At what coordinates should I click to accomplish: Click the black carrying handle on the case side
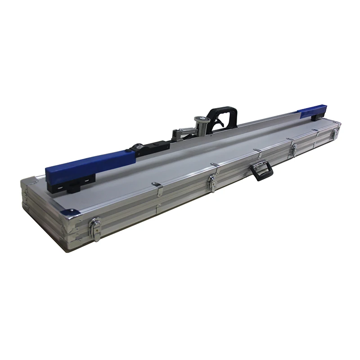tap(261, 171)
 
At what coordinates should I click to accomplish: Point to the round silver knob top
tap(201, 119)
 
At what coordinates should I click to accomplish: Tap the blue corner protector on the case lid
tap(68, 212)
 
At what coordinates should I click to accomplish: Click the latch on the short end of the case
tap(95, 229)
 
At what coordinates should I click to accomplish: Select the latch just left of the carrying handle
tap(211, 183)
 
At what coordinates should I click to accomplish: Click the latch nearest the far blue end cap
tap(333, 133)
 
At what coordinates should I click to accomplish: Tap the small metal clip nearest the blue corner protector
tap(157, 188)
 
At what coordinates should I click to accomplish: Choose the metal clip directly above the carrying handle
tap(256, 151)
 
